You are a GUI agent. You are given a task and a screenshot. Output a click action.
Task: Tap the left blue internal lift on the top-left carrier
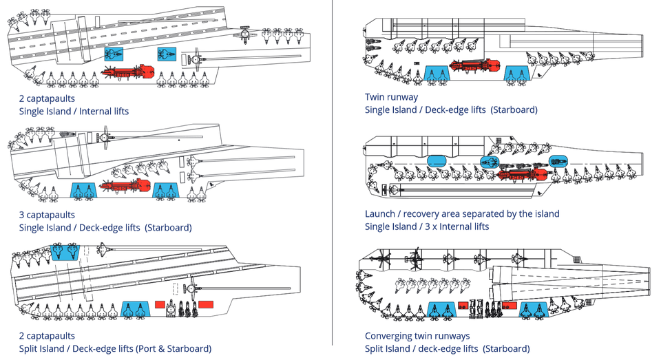point(112,54)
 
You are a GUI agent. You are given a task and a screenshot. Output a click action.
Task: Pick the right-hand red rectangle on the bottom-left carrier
point(207,304)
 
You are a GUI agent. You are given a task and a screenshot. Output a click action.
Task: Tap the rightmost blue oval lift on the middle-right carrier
point(558,161)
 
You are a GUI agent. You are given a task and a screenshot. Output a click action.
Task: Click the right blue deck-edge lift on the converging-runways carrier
point(534,309)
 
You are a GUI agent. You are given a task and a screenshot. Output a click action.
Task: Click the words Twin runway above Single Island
point(391,97)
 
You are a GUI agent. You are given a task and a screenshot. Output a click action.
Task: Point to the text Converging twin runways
point(417,336)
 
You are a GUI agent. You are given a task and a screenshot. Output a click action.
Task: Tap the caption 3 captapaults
point(47,215)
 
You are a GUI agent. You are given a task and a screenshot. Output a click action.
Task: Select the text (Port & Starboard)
point(176,348)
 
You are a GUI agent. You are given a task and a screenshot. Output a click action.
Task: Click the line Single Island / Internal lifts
point(74,110)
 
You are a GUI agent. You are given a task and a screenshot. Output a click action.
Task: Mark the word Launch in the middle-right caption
point(380,213)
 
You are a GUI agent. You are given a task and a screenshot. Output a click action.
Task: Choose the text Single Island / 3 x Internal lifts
point(427,226)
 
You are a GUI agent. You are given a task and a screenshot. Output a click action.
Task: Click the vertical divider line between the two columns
point(333,179)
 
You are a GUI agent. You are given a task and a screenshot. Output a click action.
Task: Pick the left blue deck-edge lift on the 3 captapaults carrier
point(84,191)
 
